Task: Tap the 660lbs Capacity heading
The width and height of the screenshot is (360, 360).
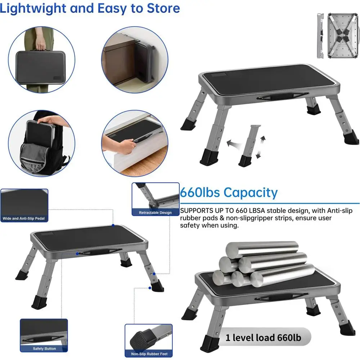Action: click(229, 193)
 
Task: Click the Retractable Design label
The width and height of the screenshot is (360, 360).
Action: click(155, 213)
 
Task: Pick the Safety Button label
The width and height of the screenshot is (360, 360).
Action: click(44, 348)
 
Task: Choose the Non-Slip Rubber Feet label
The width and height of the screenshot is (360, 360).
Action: click(148, 354)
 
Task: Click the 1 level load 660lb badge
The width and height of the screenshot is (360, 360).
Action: click(263, 338)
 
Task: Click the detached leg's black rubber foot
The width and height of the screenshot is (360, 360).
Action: click(246, 161)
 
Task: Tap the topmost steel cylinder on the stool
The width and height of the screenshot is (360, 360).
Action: click(262, 249)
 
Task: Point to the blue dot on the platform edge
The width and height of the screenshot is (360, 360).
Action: click(113, 225)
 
